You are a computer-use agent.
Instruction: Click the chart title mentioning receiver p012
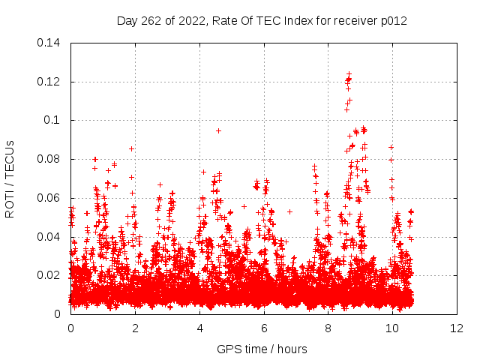coord(262,20)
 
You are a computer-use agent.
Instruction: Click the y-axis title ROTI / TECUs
coord(10,178)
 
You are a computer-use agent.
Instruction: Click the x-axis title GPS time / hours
coord(262,349)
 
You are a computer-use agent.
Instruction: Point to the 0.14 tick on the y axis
coord(49,43)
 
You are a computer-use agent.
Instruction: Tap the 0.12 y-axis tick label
coord(49,82)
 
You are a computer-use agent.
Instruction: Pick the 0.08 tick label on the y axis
coord(49,159)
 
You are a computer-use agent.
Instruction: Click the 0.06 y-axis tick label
coord(49,198)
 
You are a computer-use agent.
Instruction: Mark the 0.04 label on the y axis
coord(49,237)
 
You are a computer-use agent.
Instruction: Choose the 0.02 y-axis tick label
coord(49,275)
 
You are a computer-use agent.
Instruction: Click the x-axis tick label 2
coord(135,328)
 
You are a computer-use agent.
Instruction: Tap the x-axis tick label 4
coord(199,328)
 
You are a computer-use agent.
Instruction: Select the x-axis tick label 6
coord(264,328)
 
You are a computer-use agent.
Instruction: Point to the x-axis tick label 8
coord(328,328)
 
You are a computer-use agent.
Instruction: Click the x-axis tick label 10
coord(393,328)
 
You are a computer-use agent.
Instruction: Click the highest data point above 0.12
coord(349,73)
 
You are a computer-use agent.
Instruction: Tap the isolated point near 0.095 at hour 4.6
coord(218,130)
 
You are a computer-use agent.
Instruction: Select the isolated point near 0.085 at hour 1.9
coord(132,148)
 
